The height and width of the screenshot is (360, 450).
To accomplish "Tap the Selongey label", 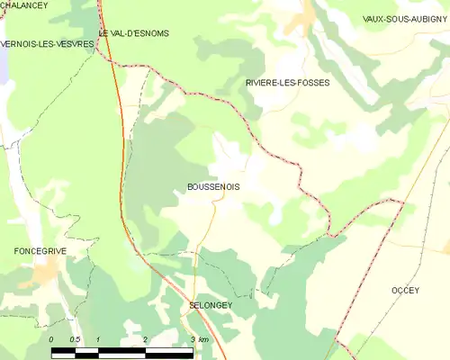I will (211, 306).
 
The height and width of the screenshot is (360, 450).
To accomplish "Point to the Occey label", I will (406, 290).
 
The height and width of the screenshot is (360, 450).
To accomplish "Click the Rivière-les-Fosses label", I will (287, 82).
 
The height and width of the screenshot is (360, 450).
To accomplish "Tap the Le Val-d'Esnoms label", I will (134, 33).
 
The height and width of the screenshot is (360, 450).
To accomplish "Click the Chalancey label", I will (24, 5).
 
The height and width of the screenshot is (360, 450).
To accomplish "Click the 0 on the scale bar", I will (52, 339).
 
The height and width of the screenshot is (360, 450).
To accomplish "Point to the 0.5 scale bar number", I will (75, 339).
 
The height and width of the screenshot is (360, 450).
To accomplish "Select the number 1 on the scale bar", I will (98, 339).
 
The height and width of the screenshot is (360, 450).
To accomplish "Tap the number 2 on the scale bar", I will (145, 339).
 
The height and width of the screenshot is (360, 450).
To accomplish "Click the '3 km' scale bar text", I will (199, 339).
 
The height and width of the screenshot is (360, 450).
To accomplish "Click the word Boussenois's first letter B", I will (178, 187).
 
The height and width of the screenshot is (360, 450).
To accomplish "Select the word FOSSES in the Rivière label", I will (312, 82).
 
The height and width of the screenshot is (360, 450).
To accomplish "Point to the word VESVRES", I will (75, 43).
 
